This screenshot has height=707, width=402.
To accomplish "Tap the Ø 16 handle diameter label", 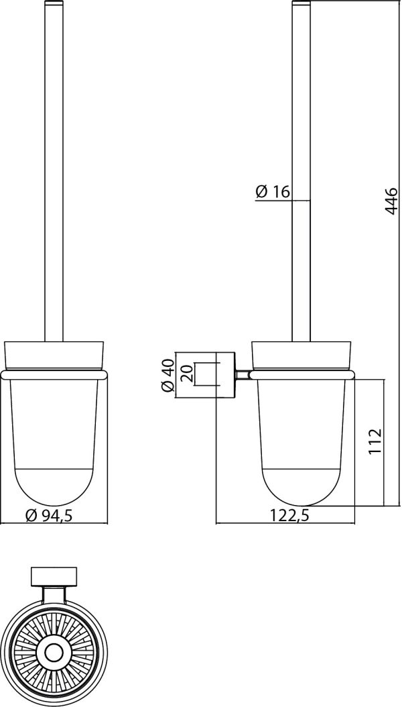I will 272,192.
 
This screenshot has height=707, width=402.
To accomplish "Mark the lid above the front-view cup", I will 54,356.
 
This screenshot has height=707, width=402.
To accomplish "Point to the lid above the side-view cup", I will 302,356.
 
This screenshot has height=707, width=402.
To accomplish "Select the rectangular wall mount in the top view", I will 54,578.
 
